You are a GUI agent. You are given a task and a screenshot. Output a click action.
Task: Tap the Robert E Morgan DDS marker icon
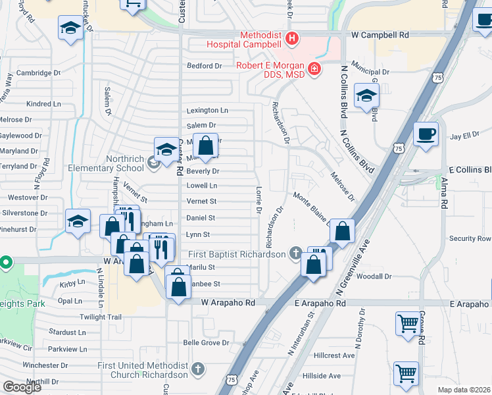point(314,68)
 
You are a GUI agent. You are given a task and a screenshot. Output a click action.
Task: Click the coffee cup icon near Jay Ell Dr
point(426,134)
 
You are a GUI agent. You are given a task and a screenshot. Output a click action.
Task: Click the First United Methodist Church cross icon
point(197,369)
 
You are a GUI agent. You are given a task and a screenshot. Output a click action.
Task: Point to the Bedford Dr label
point(205,66)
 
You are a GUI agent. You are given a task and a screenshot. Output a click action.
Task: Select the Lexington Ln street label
point(207,111)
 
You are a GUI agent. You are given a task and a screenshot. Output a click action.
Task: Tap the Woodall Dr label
point(376,277)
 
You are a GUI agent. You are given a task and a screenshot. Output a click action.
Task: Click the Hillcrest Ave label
point(334,355)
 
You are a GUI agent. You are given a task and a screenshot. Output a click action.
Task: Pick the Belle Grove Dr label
point(206,343)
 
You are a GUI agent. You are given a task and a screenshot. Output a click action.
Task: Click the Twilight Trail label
point(101,317)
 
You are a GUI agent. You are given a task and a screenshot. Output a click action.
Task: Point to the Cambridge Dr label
point(38,73)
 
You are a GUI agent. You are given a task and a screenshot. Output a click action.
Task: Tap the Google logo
point(22,387)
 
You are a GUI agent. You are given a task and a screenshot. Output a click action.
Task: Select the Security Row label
point(470,238)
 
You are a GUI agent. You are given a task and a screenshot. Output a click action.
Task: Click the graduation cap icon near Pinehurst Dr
point(78,222)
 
